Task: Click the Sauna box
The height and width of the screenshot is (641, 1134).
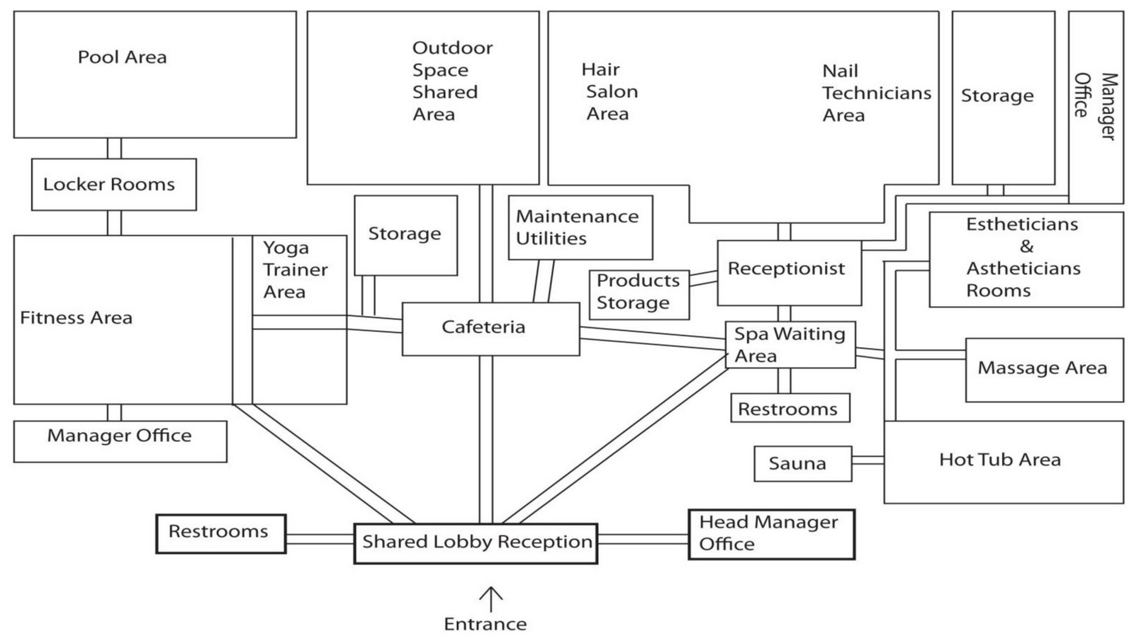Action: (x=802, y=464)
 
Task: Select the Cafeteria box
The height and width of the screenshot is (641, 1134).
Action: (x=490, y=329)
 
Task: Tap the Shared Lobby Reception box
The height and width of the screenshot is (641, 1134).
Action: (x=476, y=543)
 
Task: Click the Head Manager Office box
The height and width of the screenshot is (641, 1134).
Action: (x=771, y=534)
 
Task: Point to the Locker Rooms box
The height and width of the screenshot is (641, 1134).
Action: (x=113, y=184)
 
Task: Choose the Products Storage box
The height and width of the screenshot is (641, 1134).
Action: (x=639, y=293)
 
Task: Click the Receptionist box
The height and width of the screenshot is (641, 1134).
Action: (x=789, y=273)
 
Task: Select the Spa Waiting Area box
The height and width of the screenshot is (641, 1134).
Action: (x=790, y=345)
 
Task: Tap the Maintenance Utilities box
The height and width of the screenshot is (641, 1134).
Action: (x=580, y=227)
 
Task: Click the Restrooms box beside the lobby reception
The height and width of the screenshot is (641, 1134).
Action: (x=220, y=533)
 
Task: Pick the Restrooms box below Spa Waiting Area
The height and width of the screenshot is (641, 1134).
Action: (x=790, y=409)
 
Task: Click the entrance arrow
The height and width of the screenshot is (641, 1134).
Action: (x=490, y=599)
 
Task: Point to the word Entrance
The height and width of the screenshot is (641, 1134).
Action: (x=485, y=624)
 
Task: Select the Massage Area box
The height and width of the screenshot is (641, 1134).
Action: (x=1044, y=369)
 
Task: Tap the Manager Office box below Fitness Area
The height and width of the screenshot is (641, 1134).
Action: (x=120, y=441)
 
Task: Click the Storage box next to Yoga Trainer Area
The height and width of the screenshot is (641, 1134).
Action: (x=405, y=235)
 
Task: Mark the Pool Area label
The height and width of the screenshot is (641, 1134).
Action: (x=122, y=57)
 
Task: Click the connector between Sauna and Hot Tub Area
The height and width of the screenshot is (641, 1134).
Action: (x=868, y=460)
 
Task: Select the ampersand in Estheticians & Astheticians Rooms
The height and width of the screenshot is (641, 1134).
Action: (x=1026, y=246)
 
